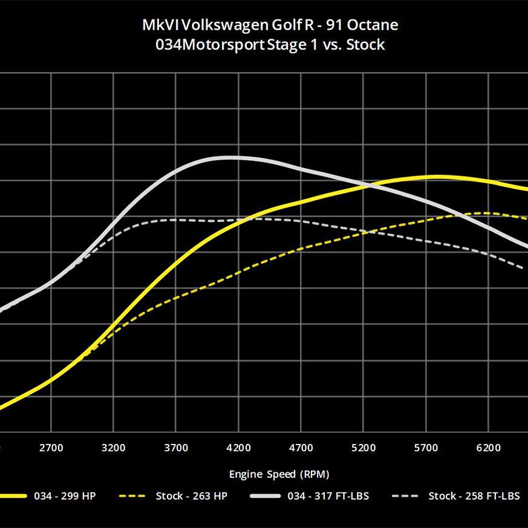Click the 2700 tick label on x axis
[51, 448]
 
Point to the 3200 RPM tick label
[113, 448]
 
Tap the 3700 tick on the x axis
[176, 448]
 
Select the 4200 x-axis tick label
[238, 448]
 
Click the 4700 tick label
[301, 448]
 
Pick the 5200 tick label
[363, 448]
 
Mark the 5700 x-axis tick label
[426, 448]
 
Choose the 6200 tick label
[489, 448]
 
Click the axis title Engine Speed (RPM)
[279, 474]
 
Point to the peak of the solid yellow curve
[438, 177]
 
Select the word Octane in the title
[373, 25]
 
